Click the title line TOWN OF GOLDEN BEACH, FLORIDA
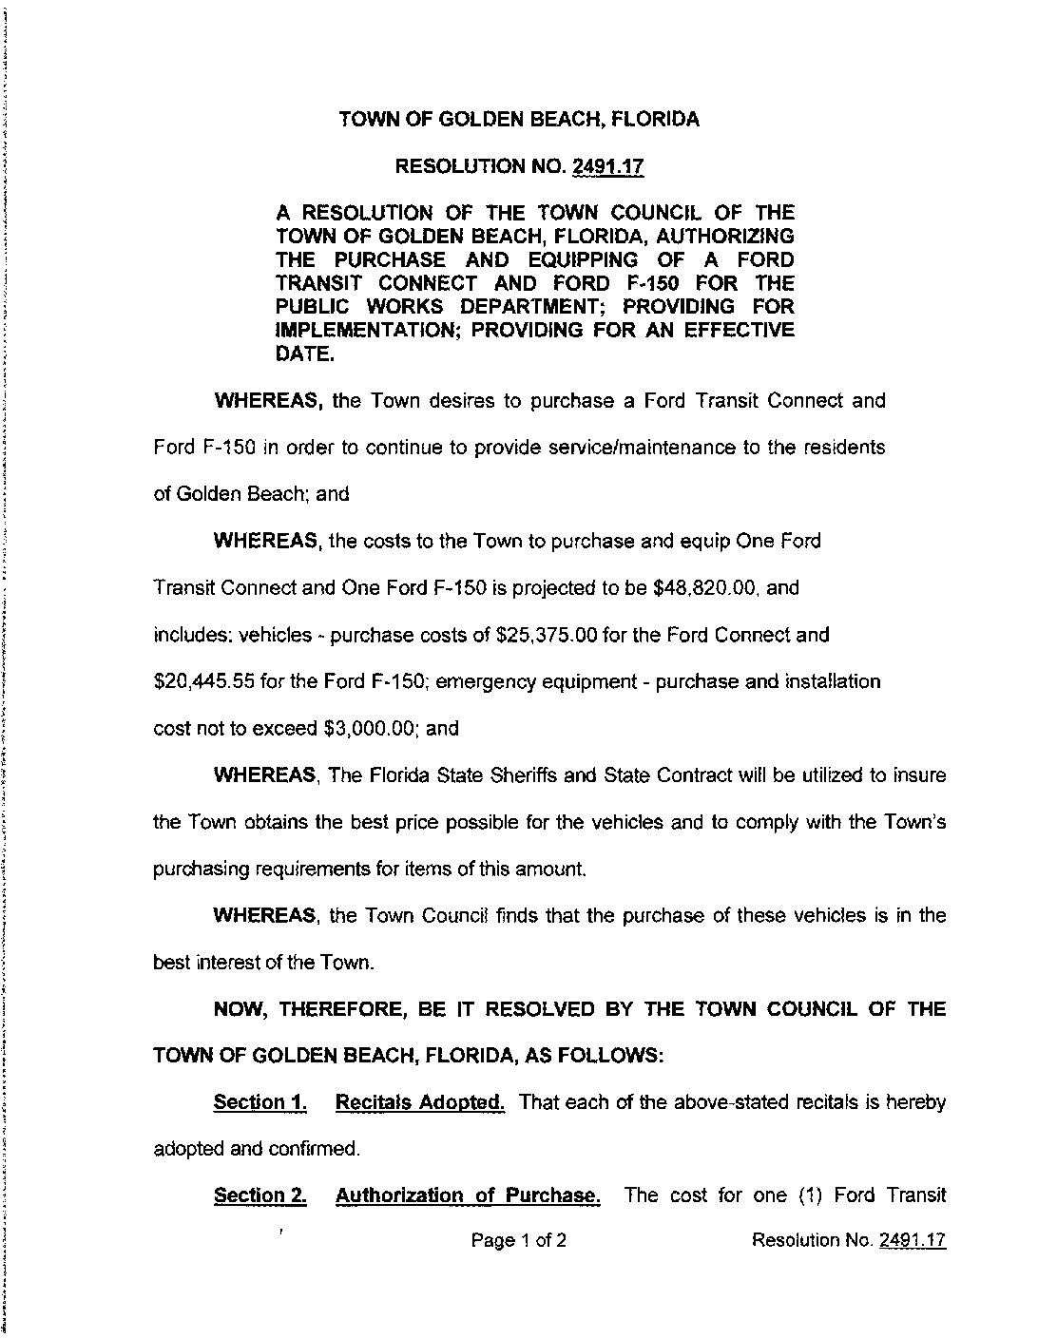[519, 120]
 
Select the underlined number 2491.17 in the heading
[608, 167]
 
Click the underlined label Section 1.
[259, 1102]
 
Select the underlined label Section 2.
[259, 1195]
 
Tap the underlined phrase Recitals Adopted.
[420, 1102]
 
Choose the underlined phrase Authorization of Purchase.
[468, 1195]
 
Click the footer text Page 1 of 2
[519, 1240]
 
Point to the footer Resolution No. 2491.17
[848, 1240]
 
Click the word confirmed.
[318, 1149]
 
